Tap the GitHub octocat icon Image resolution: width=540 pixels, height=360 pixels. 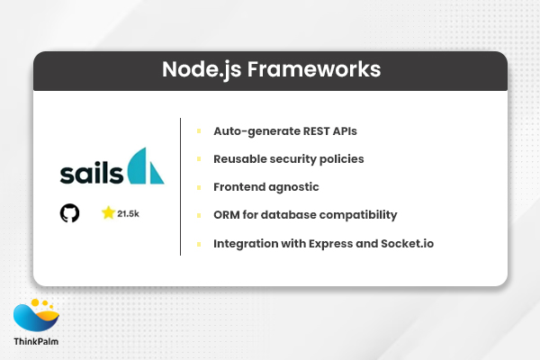(x=69, y=213)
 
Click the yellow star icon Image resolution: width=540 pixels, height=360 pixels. (x=108, y=213)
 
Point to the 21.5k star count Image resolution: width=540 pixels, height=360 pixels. (x=130, y=214)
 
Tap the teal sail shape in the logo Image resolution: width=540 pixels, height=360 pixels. (x=146, y=166)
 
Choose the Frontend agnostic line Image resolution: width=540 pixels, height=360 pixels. (x=265, y=187)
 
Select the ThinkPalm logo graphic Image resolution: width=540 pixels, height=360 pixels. (x=37, y=317)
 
